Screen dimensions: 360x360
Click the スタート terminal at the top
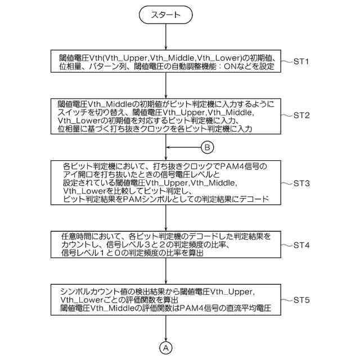(166, 16)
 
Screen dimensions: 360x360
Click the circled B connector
(207, 148)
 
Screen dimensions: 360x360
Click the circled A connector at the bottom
(166, 348)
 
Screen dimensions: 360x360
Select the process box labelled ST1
(166, 61)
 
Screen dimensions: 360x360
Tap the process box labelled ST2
(166, 117)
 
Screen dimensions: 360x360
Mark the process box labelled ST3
(166, 183)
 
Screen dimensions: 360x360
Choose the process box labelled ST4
(166, 245)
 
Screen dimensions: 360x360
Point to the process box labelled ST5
(166, 300)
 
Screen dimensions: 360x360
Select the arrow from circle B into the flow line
(183, 148)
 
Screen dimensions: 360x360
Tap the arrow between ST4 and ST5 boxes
(166, 273)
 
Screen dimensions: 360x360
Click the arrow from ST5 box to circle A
(166, 328)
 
